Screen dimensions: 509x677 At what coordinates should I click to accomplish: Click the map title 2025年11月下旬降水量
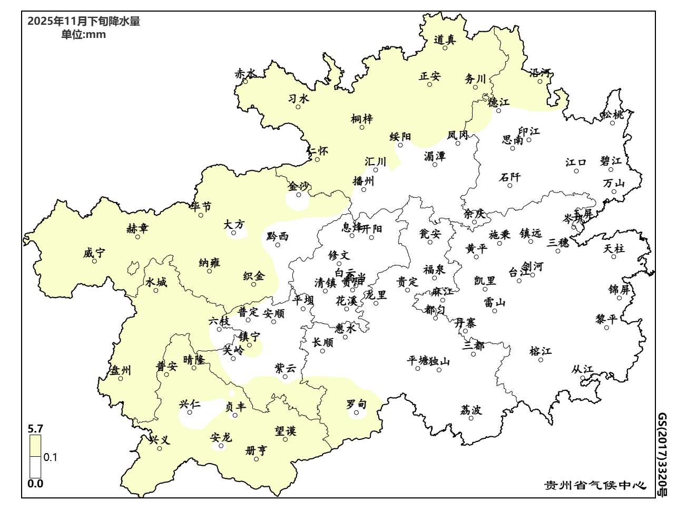point(84,22)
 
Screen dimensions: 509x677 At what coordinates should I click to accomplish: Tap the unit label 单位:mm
point(83,35)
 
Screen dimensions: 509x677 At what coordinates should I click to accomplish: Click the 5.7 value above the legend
point(35,428)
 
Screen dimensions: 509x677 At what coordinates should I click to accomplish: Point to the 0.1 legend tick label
point(51,457)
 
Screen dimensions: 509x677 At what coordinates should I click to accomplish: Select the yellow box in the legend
point(35,445)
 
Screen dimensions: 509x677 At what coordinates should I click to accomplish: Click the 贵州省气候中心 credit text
point(595,485)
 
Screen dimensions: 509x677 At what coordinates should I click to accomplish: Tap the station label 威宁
point(94,253)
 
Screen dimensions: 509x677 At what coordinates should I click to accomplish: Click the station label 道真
point(445,40)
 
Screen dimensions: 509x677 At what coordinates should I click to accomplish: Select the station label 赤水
point(246,73)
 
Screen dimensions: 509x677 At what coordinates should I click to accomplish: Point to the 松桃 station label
point(613,114)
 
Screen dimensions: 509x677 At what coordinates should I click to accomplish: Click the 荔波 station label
point(471,410)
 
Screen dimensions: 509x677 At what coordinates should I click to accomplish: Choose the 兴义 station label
point(160,440)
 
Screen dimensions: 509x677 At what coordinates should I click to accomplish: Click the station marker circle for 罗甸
point(357,412)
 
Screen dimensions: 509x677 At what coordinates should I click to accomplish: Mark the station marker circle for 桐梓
point(362,127)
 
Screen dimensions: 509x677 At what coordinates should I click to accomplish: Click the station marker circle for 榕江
point(541,360)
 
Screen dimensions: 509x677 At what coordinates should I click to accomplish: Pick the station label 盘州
point(120,370)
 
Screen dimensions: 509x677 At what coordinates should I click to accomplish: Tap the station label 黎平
point(606,319)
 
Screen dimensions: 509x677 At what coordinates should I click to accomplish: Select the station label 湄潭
point(435,156)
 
